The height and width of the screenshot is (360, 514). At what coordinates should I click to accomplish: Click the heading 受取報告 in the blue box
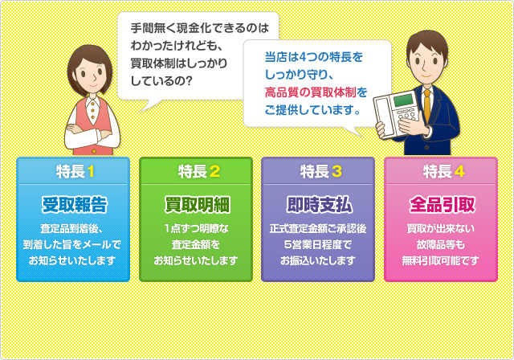click(x=72, y=201)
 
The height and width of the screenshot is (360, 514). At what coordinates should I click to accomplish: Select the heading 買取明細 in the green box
click(x=195, y=201)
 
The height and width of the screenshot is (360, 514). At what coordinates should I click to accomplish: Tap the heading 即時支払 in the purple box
click(x=317, y=201)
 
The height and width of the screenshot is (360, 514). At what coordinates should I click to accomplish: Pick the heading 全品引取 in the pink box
click(x=441, y=201)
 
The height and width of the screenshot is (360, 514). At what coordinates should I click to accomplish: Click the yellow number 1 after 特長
click(x=92, y=170)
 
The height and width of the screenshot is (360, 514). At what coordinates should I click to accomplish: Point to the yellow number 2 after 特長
click(x=214, y=170)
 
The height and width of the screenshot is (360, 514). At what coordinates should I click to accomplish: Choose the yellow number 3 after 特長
click(x=337, y=170)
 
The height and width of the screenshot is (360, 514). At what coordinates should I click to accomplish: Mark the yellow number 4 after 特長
click(x=459, y=170)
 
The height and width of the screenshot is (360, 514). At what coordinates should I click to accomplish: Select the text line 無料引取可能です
click(x=441, y=260)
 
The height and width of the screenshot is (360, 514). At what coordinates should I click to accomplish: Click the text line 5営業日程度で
click(x=318, y=244)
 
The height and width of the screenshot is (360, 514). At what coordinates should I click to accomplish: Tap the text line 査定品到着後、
click(x=72, y=228)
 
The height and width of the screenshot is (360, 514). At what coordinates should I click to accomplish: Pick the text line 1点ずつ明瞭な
click(x=195, y=228)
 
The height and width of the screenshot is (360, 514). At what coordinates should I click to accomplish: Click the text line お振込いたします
click(x=318, y=260)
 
